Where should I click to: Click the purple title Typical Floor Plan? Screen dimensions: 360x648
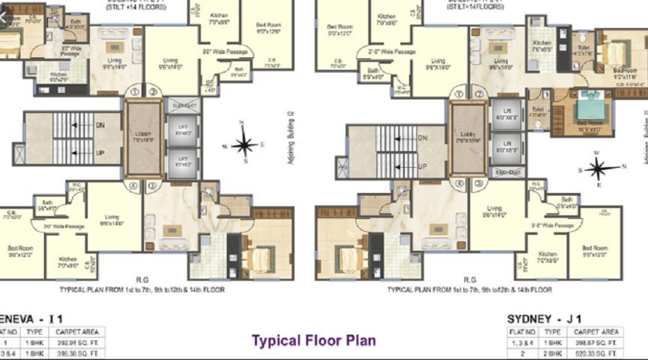pos(312,340)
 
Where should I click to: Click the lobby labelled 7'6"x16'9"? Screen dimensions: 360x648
pos(144,138)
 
